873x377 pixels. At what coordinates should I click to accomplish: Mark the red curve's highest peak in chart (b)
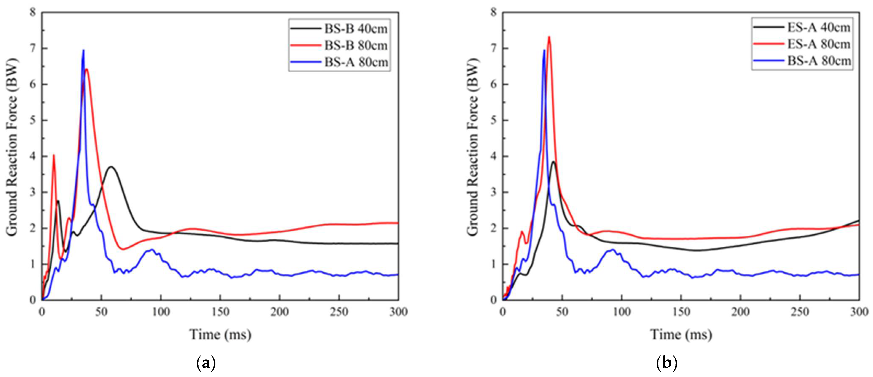(x=549, y=37)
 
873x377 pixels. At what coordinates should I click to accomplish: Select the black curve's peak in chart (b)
(x=554, y=162)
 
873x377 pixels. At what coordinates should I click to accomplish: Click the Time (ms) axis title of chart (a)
(x=220, y=335)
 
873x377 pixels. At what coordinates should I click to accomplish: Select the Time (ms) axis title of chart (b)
(x=681, y=335)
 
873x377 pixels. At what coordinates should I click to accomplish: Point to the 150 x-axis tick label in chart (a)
(x=220, y=312)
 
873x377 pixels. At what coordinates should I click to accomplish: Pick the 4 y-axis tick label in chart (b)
(x=494, y=157)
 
